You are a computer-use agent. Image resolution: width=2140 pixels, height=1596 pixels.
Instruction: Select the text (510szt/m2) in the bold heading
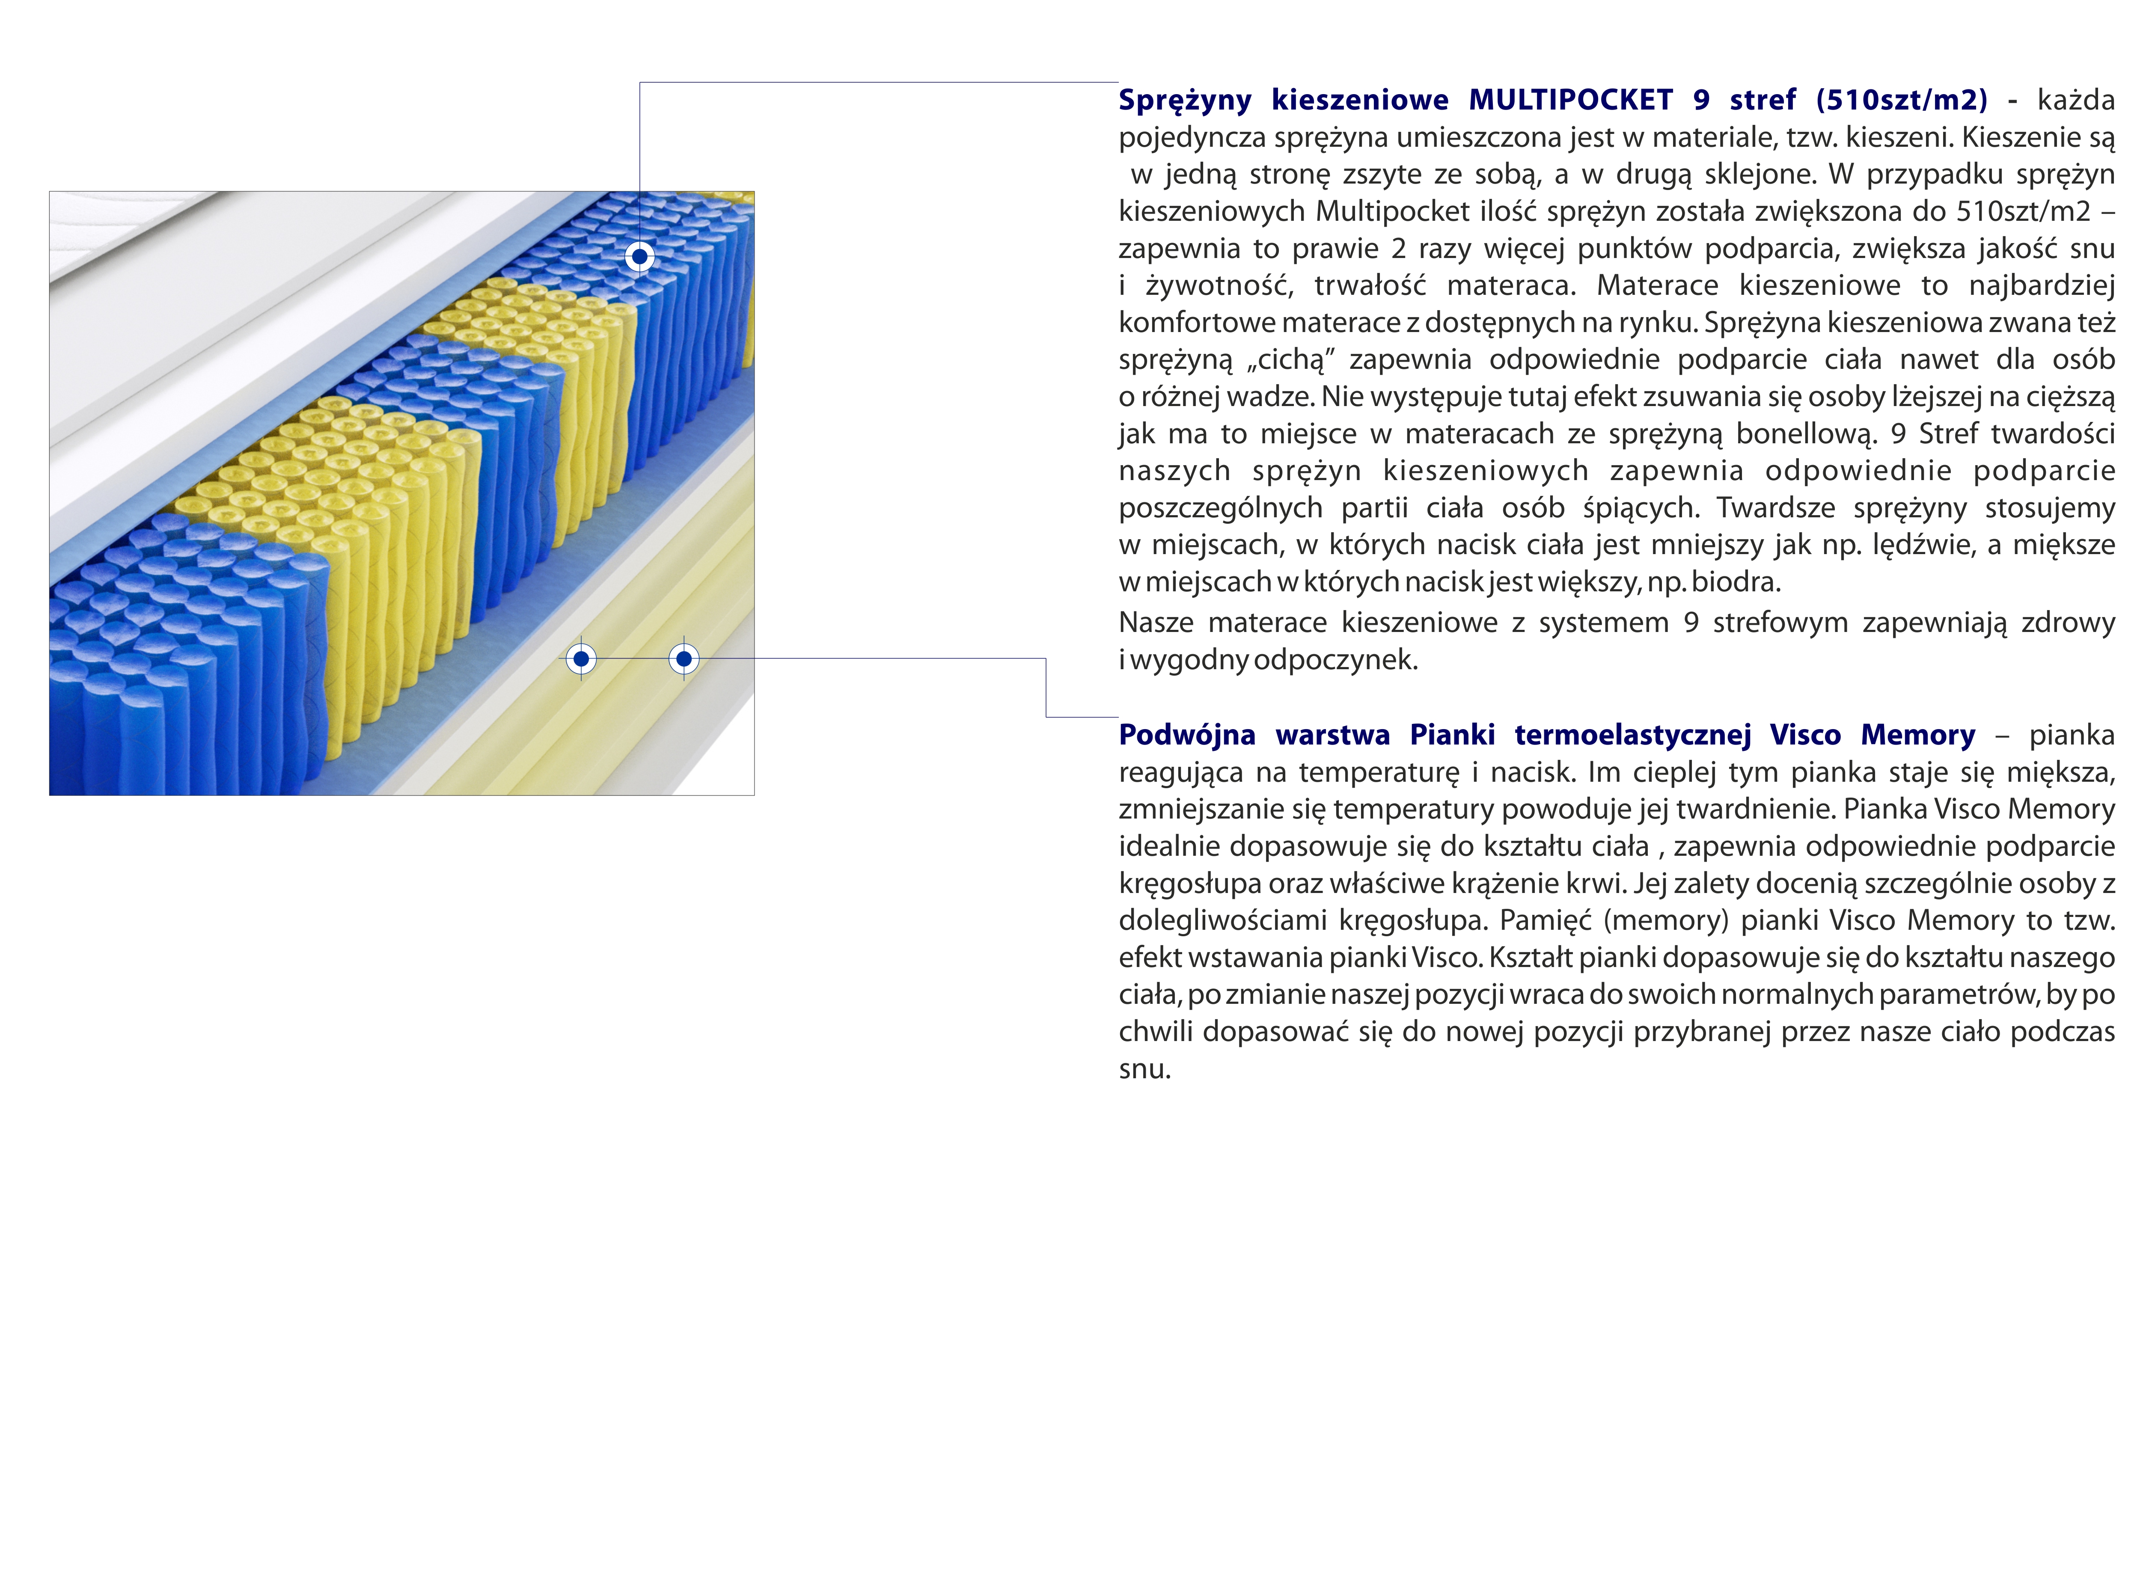[x=1901, y=100]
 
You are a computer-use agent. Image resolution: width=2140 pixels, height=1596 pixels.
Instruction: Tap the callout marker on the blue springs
[x=639, y=257]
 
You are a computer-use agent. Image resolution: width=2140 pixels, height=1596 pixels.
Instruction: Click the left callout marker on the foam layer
[x=581, y=659]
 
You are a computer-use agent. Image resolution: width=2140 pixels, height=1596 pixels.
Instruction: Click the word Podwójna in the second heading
[x=1186, y=735]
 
